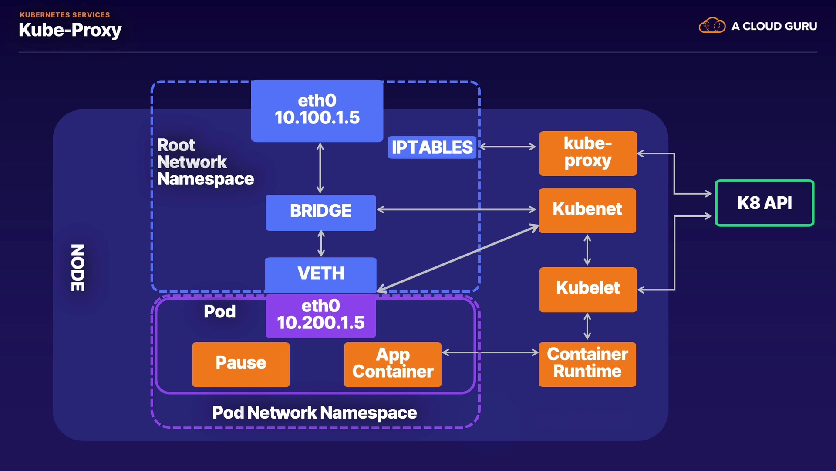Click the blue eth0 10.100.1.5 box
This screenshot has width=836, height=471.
tap(317, 111)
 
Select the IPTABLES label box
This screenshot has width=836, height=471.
tap(432, 147)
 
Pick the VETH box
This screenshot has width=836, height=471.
tap(320, 274)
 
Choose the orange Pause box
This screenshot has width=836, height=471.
tap(241, 364)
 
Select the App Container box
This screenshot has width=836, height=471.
tap(392, 364)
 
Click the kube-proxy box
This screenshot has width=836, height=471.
tap(588, 154)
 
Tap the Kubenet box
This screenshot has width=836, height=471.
tap(587, 211)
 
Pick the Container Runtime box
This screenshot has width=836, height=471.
tap(587, 364)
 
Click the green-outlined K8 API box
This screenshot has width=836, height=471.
tap(765, 203)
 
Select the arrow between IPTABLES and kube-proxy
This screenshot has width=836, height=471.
tap(508, 147)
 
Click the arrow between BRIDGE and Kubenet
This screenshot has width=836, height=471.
tap(456, 210)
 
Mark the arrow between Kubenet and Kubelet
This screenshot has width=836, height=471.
tap(587, 250)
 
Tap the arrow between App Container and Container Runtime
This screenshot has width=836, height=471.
tap(490, 352)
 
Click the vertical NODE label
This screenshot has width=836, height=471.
tap(78, 268)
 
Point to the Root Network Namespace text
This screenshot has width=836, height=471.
tap(205, 162)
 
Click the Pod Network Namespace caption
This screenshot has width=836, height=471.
tap(314, 413)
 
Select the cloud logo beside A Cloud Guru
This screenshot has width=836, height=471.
tap(712, 26)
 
